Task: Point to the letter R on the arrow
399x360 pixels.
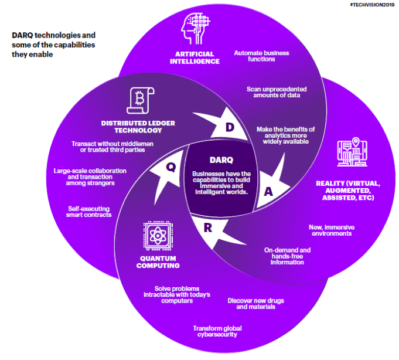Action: tap(208, 227)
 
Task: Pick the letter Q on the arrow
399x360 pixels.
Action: tap(170, 167)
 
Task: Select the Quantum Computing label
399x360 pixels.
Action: tap(158, 261)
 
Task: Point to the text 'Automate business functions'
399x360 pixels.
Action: tap(261, 56)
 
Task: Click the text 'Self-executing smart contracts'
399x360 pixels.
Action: tap(90, 212)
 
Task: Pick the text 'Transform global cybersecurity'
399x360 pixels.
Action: tap(217, 331)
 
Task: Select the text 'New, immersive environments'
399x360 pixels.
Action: tap(332, 230)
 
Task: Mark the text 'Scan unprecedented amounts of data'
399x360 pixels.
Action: tap(276, 93)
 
